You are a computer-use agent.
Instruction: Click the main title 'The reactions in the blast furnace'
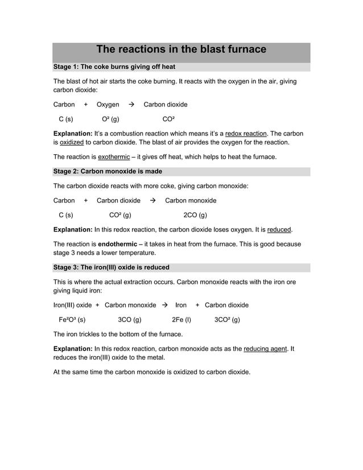click(181, 50)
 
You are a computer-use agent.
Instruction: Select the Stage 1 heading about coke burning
click(110, 67)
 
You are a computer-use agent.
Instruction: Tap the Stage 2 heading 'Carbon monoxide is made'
click(108, 171)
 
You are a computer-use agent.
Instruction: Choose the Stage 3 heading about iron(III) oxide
click(111, 267)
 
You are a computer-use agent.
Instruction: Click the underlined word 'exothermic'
click(114, 156)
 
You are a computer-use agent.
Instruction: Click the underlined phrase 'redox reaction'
click(246, 133)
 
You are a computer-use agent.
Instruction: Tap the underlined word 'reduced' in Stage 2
click(279, 230)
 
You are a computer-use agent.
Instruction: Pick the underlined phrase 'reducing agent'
click(265, 349)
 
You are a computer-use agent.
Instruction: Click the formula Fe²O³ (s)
click(72, 320)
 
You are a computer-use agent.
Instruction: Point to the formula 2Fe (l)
click(181, 320)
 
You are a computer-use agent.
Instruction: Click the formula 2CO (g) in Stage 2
click(195, 215)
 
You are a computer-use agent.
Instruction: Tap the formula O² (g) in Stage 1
click(110, 119)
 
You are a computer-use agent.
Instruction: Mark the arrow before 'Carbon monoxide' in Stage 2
click(152, 201)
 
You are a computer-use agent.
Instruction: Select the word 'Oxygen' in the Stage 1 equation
click(108, 105)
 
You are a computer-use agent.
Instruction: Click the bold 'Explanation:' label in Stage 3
click(73, 349)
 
